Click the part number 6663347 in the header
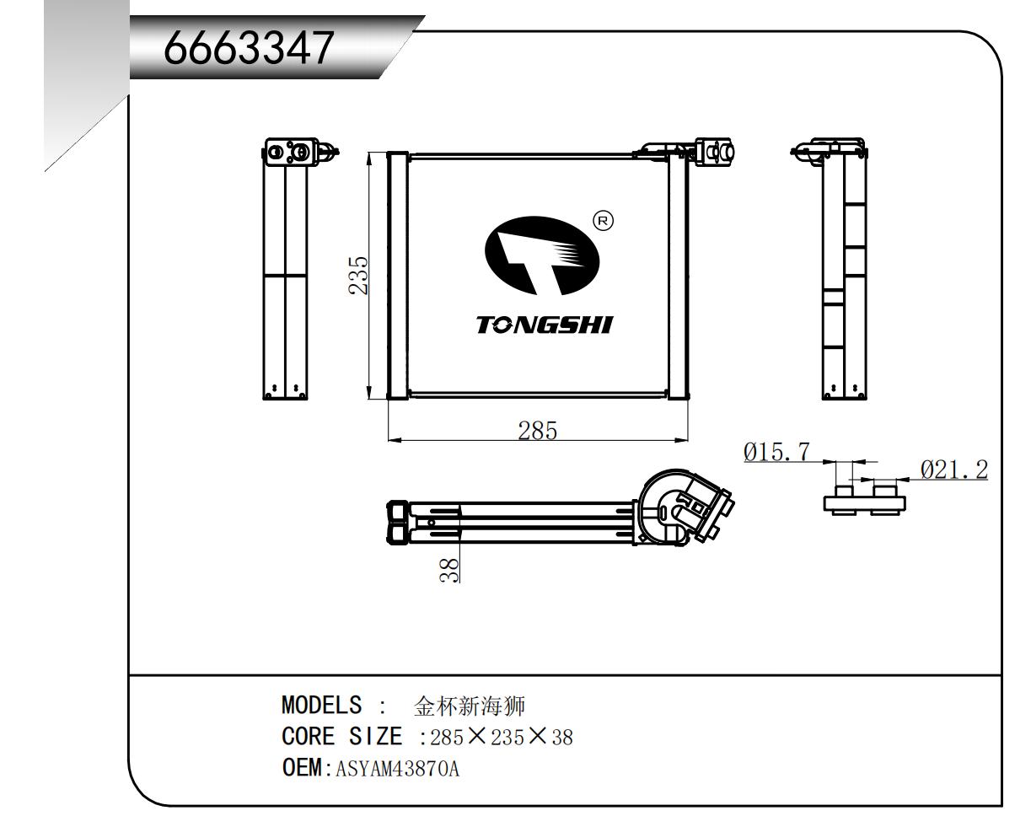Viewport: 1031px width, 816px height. pyautogui.click(x=249, y=48)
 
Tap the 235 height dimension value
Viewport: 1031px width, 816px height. pyautogui.click(x=359, y=275)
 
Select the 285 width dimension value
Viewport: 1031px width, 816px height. pyautogui.click(x=538, y=431)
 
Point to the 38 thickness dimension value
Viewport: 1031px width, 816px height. pyautogui.click(x=453, y=570)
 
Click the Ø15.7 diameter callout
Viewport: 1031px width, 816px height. pyautogui.click(x=776, y=453)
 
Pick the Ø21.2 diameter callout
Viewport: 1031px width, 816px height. pyautogui.click(x=953, y=470)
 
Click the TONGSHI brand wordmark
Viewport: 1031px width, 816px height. pyautogui.click(x=545, y=325)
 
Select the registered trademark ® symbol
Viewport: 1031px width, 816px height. pyautogui.click(x=604, y=221)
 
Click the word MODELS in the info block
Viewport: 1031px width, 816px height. pyautogui.click(x=321, y=705)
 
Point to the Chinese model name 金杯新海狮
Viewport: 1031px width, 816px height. pyautogui.click(x=469, y=706)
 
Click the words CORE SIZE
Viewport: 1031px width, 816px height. pyautogui.click(x=341, y=737)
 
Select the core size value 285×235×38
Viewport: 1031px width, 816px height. pyautogui.click(x=502, y=738)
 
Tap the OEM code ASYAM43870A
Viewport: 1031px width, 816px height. pyautogui.click(x=397, y=769)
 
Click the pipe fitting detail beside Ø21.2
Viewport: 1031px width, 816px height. pyautogui.click(x=864, y=499)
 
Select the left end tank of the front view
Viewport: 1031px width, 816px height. pyautogui.click(x=397, y=275)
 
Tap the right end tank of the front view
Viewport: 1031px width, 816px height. pyautogui.click(x=678, y=275)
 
